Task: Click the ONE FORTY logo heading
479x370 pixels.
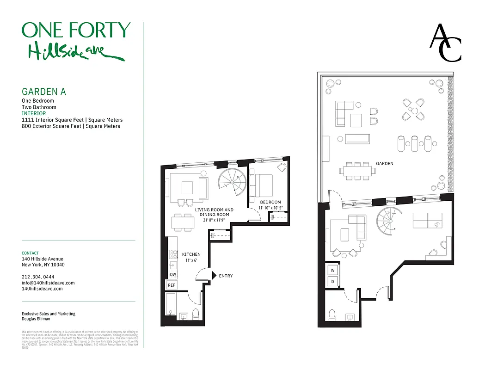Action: (76, 31)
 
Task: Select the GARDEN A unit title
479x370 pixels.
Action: (44, 92)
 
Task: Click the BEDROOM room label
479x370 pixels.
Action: (270, 202)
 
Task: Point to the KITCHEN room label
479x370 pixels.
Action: (191, 254)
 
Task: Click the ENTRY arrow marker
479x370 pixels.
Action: (214, 276)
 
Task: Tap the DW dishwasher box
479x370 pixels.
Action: (172, 275)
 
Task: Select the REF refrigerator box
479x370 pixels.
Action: (172, 285)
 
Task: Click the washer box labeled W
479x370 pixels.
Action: (332, 270)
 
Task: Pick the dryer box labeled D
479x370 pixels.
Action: (332, 281)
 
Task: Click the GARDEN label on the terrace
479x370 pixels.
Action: (385, 164)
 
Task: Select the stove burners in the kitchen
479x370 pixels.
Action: (173, 253)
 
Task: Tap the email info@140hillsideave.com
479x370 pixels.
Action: (48, 283)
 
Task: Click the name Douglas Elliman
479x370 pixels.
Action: (36, 320)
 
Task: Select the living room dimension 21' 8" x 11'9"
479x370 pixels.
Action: (214, 220)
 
